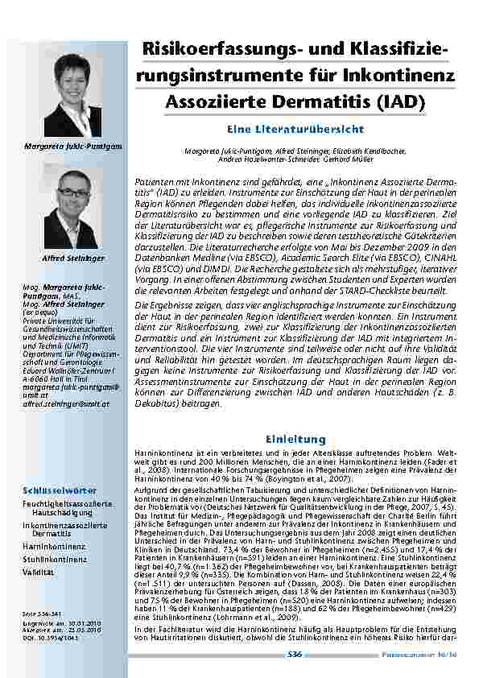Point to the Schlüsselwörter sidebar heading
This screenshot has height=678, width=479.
(x=60, y=490)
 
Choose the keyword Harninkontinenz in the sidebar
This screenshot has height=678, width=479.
(x=54, y=545)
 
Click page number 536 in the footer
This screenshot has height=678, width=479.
(x=295, y=655)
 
